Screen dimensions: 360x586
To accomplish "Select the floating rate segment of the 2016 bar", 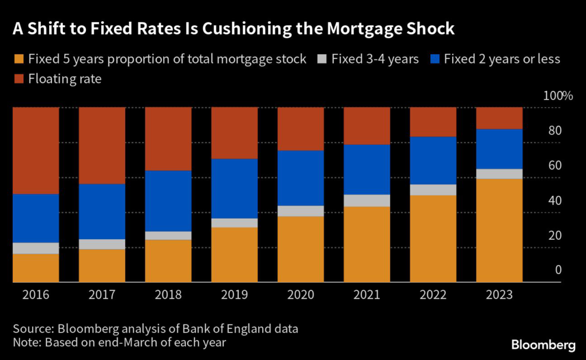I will [36, 150].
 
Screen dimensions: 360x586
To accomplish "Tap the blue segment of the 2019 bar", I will [235, 188].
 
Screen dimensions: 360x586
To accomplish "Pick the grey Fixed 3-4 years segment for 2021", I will [367, 200].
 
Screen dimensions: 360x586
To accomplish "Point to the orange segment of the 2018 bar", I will [168, 260].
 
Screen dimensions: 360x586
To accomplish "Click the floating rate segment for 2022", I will [433, 121].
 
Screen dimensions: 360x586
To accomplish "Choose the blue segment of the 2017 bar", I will [102, 211].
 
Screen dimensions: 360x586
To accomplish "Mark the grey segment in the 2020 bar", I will [300, 211].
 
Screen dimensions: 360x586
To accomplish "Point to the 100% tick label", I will [553, 96].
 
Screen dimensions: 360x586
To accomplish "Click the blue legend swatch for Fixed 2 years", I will [435, 59].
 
